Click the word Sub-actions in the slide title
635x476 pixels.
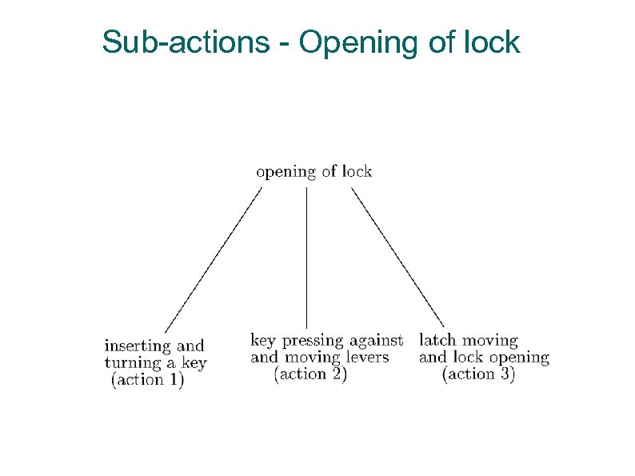coord(186,42)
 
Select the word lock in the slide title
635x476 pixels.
coord(493,42)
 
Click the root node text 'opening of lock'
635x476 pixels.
coord(314,171)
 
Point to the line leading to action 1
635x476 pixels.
coord(214,259)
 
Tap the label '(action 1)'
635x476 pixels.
coord(148,380)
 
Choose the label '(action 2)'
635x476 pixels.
coord(310,374)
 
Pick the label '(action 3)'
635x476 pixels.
coord(478,374)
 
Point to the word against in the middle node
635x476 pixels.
coord(376,342)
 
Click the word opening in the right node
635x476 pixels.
coord(518,358)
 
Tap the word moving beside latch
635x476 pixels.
coord(489,342)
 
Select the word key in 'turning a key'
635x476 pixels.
coord(193,363)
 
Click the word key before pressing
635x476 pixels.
coord(262,341)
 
